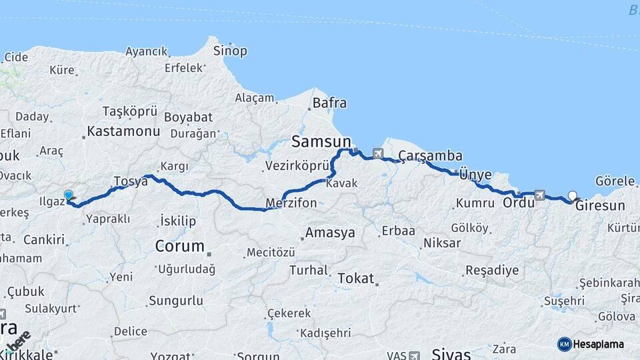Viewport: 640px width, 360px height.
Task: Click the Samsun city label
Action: (321, 141)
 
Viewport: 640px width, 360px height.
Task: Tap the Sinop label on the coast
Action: (230, 51)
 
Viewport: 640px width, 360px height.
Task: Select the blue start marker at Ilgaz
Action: (68, 195)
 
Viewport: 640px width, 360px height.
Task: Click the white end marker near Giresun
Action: (572, 196)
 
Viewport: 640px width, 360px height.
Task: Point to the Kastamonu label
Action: (123, 131)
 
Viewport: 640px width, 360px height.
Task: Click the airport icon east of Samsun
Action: (379, 154)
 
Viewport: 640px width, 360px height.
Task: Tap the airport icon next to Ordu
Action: (539, 195)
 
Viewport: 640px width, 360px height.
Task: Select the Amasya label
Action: (329, 233)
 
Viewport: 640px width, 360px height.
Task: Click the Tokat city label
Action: (355, 277)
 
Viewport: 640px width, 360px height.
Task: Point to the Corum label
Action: (179, 246)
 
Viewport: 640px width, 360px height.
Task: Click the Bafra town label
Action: (329, 103)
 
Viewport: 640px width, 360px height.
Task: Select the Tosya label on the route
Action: (130, 181)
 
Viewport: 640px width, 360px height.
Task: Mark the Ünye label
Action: (475, 175)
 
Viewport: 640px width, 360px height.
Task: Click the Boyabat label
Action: (183, 117)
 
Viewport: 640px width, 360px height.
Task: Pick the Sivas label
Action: (451, 353)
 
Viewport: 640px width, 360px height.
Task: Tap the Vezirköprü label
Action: (297, 166)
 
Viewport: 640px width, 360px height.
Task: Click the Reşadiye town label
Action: (491, 271)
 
